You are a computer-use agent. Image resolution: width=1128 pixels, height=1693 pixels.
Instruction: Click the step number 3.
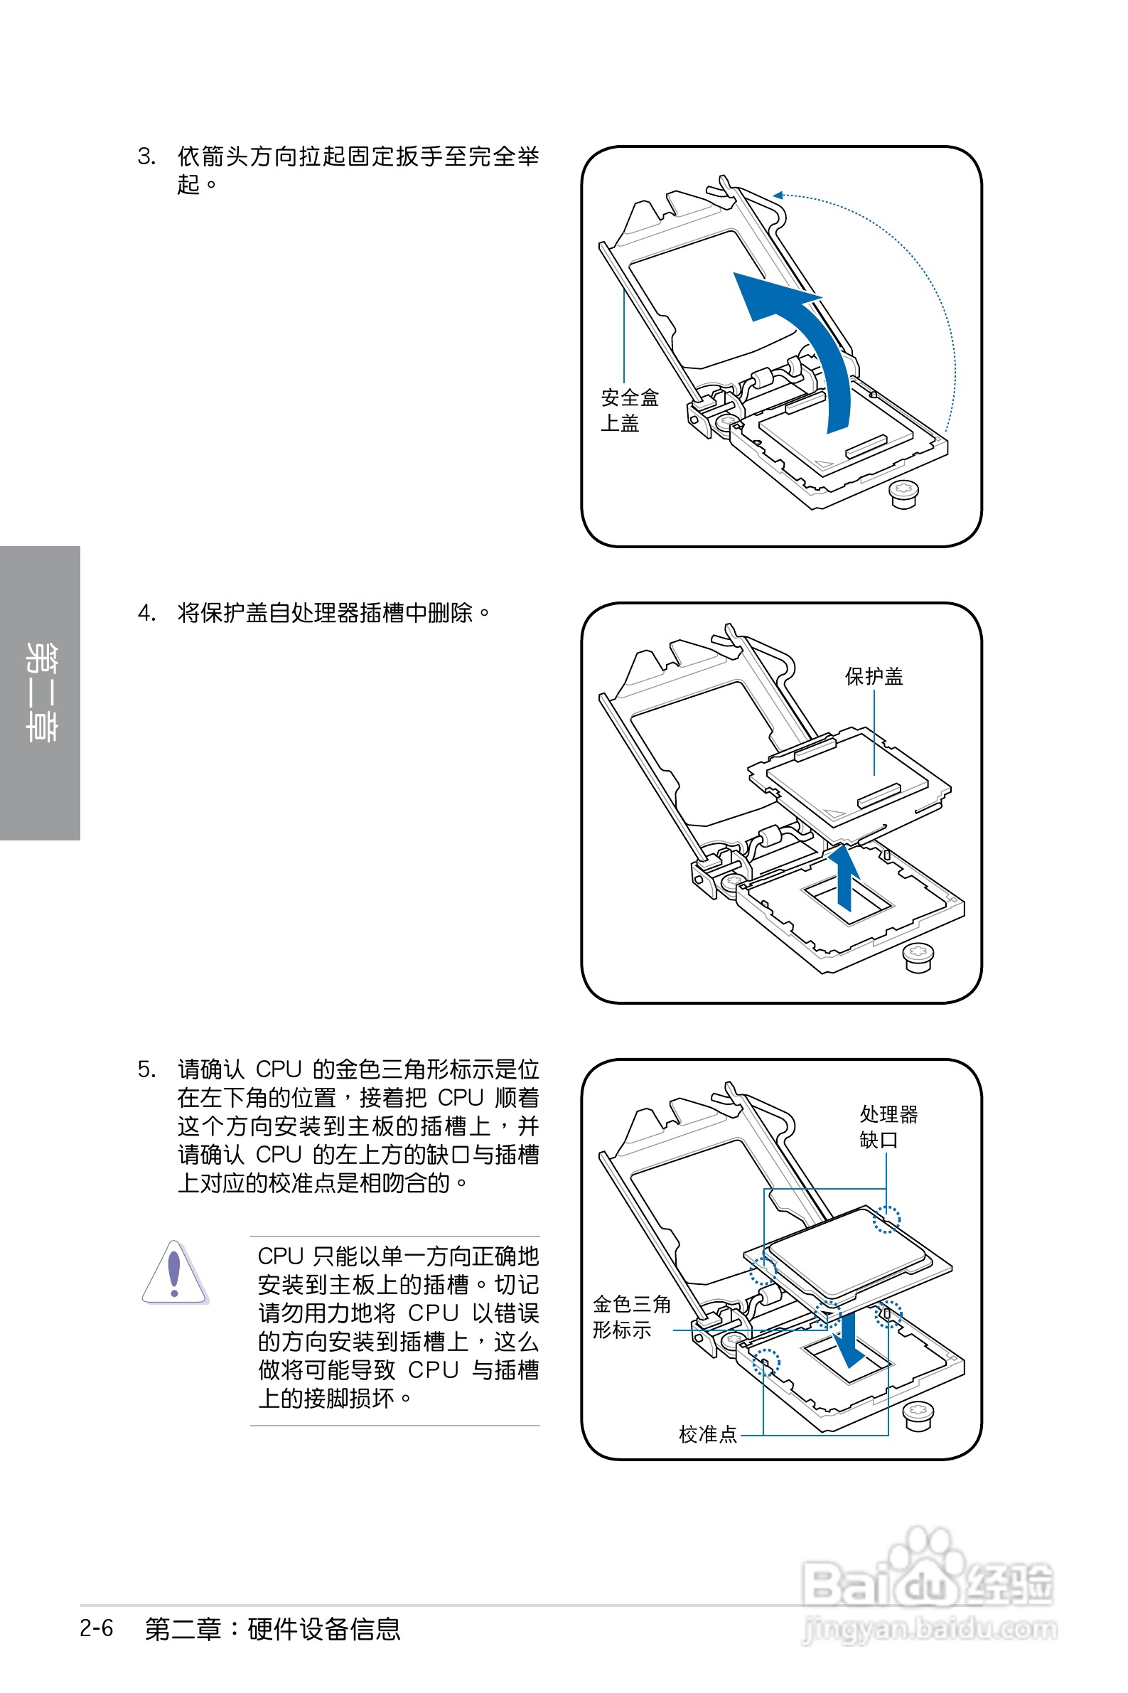point(146,157)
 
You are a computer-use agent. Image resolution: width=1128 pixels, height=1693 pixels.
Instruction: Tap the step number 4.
point(146,613)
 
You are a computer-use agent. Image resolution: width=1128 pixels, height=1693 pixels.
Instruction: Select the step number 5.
point(146,1069)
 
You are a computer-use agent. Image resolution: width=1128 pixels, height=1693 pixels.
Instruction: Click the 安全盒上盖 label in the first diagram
point(629,410)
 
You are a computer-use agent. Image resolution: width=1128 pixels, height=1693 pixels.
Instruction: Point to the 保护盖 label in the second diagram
point(874,676)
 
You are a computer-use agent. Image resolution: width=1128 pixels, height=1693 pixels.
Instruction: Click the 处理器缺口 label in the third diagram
point(888,1127)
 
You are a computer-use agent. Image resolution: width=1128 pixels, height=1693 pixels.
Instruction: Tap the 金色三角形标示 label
point(631,1317)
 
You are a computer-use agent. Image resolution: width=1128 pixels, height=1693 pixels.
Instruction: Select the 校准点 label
point(708,1435)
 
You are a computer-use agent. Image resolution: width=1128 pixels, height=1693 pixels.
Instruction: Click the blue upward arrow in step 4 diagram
point(844,878)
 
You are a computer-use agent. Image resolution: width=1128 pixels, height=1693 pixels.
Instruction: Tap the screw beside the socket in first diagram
point(904,494)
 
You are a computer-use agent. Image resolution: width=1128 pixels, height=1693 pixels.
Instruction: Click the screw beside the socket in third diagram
point(917,1416)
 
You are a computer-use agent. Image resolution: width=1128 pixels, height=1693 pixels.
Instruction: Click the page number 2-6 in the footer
point(97,1628)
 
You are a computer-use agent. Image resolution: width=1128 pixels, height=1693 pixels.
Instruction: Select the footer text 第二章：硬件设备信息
point(272,1629)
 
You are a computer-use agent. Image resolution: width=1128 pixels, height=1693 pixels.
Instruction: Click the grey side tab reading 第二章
point(40,692)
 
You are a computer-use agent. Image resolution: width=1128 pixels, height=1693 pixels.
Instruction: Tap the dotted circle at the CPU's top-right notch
point(886,1219)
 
